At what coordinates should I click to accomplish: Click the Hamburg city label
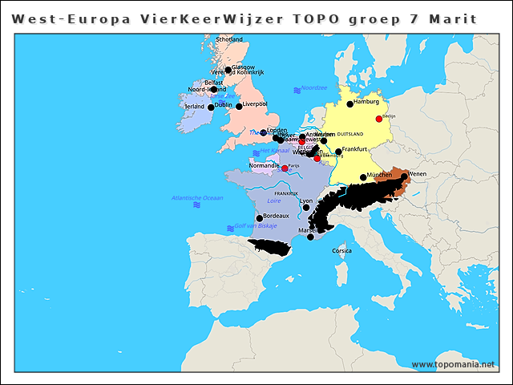coord(366,103)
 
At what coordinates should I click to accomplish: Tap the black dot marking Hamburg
coord(349,103)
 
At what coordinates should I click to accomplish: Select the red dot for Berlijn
coord(379,119)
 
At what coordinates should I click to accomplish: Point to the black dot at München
coord(363,177)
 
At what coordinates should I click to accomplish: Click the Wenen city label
coord(418,173)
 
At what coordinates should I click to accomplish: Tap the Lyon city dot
coord(306,207)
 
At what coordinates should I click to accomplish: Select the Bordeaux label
coord(276,217)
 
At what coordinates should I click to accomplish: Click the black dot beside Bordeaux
coord(259,217)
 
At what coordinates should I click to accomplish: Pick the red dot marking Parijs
coord(285,168)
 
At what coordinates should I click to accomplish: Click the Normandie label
coord(265,166)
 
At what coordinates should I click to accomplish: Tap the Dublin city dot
coord(211,107)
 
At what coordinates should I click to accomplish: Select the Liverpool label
coord(256,104)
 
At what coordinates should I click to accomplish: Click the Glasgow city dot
coord(228,70)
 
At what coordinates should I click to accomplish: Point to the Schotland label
coord(229,38)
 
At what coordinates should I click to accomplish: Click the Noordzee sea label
coord(314,88)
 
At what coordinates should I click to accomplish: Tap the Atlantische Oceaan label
coord(197,197)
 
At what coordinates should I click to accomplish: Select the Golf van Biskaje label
coord(255,226)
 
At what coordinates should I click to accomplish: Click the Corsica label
coord(341,251)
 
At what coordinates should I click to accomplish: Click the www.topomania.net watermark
coord(453,365)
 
